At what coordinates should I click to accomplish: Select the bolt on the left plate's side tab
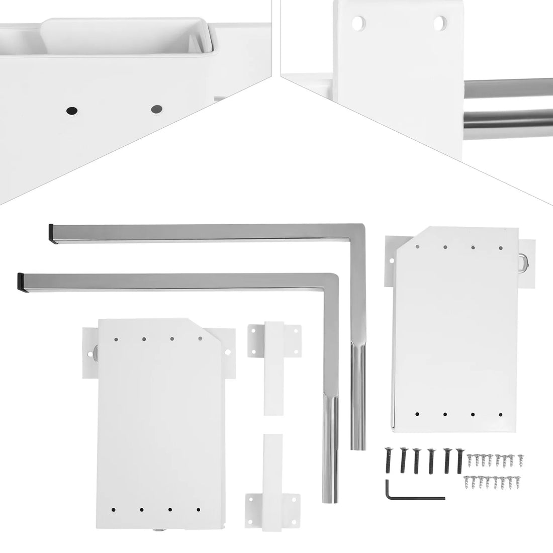pyautogui.click(x=94, y=351)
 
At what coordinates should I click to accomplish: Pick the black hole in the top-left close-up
pyautogui.click(x=71, y=110)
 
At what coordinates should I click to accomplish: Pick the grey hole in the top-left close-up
pyautogui.click(x=156, y=108)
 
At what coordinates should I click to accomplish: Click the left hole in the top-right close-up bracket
pyautogui.click(x=359, y=23)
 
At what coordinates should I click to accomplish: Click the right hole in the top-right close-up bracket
pyautogui.click(x=439, y=22)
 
